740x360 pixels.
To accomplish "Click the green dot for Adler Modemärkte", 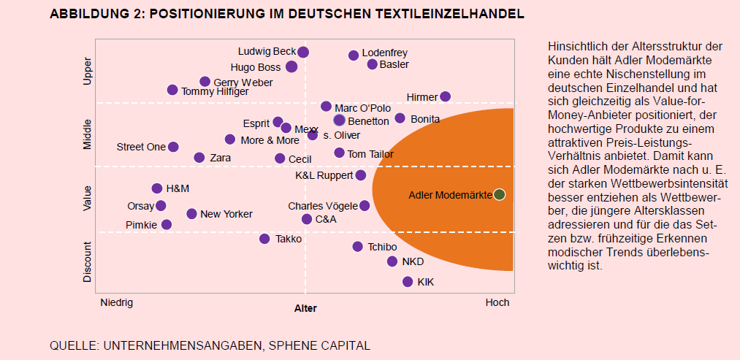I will point(499,194).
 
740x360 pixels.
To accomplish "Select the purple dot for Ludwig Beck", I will point(303,52).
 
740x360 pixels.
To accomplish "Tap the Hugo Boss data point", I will point(291,66).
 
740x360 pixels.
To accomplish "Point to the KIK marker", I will point(408,282).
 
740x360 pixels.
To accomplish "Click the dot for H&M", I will point(156,188).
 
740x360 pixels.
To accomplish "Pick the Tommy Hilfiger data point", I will point(172,90).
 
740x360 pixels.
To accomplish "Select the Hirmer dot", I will point(446,96).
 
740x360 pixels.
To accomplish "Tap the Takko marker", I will point(264,239).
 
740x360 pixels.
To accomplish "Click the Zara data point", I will point(199,157).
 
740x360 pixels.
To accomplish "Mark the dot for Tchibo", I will point(357,247).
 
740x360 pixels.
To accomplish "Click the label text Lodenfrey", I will point(384,53).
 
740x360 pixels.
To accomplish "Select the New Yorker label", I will point(226,214).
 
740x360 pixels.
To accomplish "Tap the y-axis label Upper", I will point(88,71).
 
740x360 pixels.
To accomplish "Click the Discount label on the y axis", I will point(88,262).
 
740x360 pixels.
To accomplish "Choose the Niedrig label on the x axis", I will point(116,302).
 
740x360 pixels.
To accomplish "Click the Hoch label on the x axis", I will point(497,302).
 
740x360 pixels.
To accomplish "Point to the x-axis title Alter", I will point(305,309).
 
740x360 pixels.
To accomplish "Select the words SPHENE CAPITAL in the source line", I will point(328,345).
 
